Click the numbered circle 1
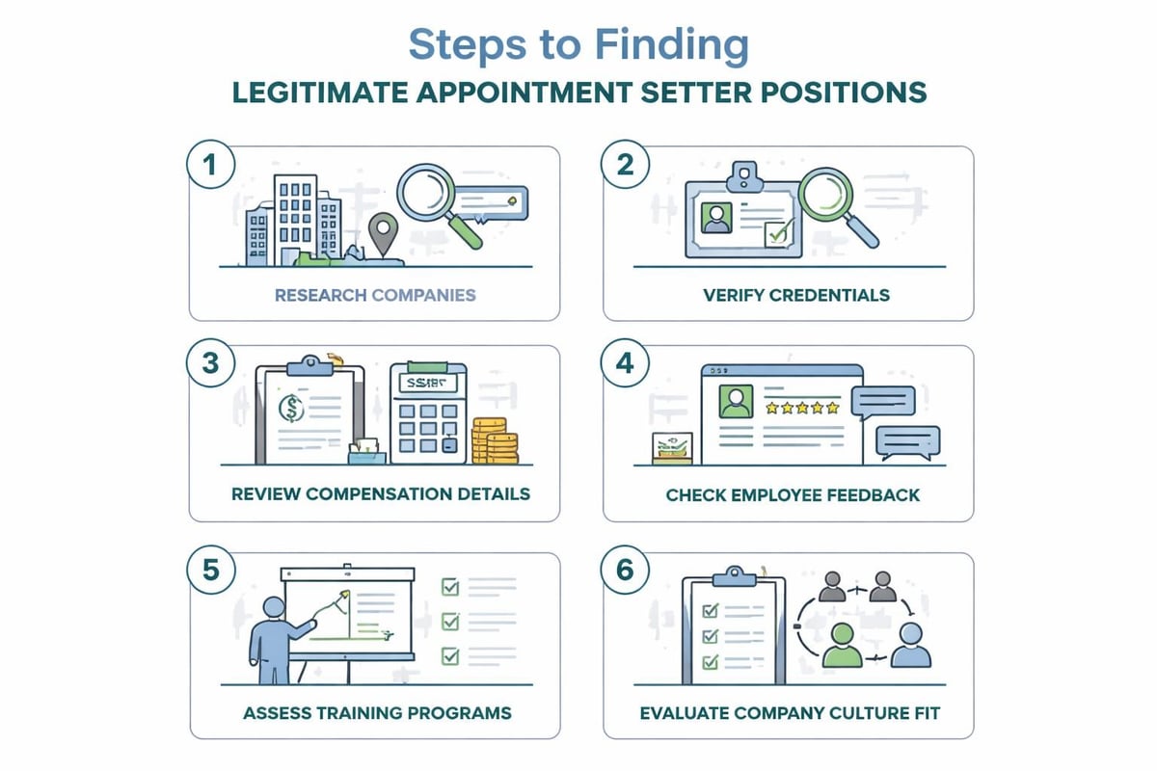pos(209,165)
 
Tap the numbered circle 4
pos(624,363)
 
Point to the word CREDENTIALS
pos(830,294)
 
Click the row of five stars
pos(802,408)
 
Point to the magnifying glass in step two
pos(834,201)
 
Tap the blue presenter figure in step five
pos(275,637)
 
